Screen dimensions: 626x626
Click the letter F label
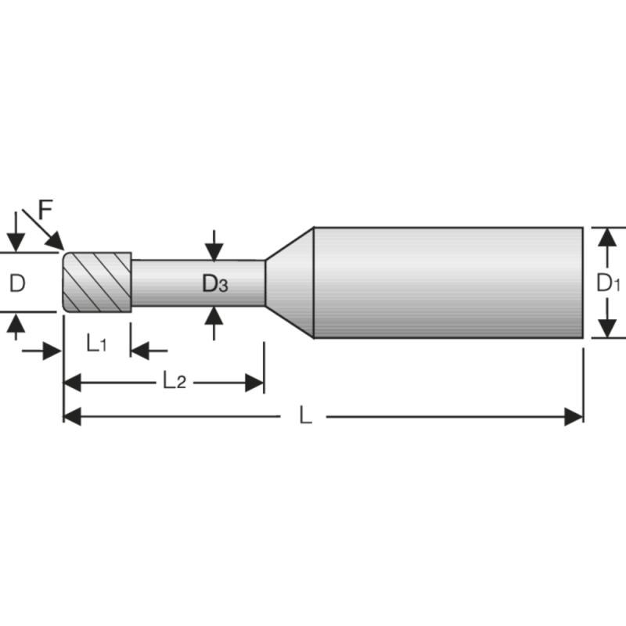point(46,210)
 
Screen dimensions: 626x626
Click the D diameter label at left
point(17,283)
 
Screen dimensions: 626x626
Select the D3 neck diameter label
point(215,284)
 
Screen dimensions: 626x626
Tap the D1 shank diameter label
point(608,283)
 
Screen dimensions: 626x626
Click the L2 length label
point(174,381)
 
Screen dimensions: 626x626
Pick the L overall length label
point(306,416)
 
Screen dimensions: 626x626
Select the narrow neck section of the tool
point(197,284)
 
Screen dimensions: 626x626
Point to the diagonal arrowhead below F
point(56,241)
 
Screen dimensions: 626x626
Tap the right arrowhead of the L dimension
point(574,416)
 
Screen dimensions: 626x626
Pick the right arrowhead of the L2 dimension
point(255,382)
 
